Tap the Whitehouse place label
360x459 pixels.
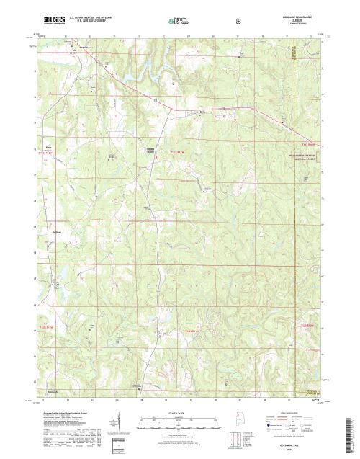click(x=87, y=48)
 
